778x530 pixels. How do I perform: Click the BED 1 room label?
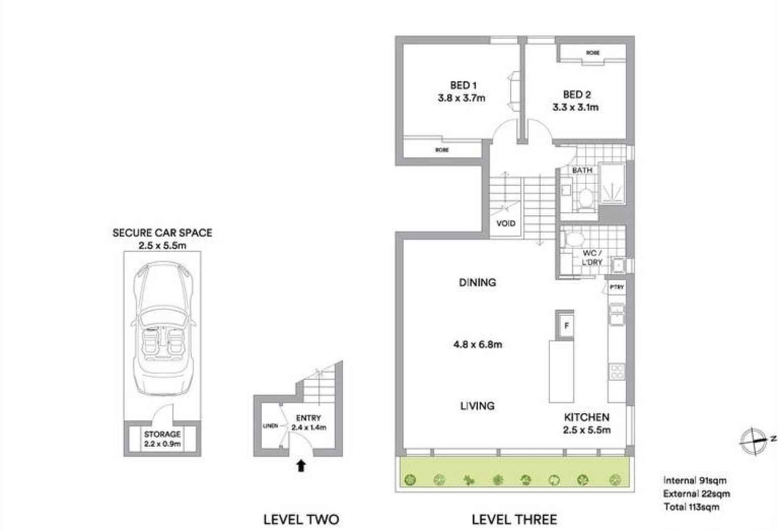[463, 85]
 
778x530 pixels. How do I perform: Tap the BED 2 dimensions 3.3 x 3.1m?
[575, 107]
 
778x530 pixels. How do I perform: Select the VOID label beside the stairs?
[505, 223]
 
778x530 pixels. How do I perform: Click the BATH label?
[582, 170]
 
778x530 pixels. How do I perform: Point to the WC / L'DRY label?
[592, 257]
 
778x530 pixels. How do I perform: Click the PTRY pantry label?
[617, 287]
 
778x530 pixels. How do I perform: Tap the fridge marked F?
[567, 325]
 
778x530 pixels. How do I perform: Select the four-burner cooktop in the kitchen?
[617, 372]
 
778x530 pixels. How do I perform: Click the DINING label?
[477, 282]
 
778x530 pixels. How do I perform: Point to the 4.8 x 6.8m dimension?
[477, 344]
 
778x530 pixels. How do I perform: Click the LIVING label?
[477, 406]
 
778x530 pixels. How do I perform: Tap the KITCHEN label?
[587, 417]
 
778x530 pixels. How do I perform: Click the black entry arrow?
[301, 465]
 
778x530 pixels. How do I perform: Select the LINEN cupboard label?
[270, 426]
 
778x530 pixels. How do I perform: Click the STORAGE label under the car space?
[162, 435]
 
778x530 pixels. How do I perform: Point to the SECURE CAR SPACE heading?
[162, 233]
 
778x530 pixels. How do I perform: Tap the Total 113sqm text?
[691, 507]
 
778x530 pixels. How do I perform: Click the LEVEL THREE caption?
[514, 519]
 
